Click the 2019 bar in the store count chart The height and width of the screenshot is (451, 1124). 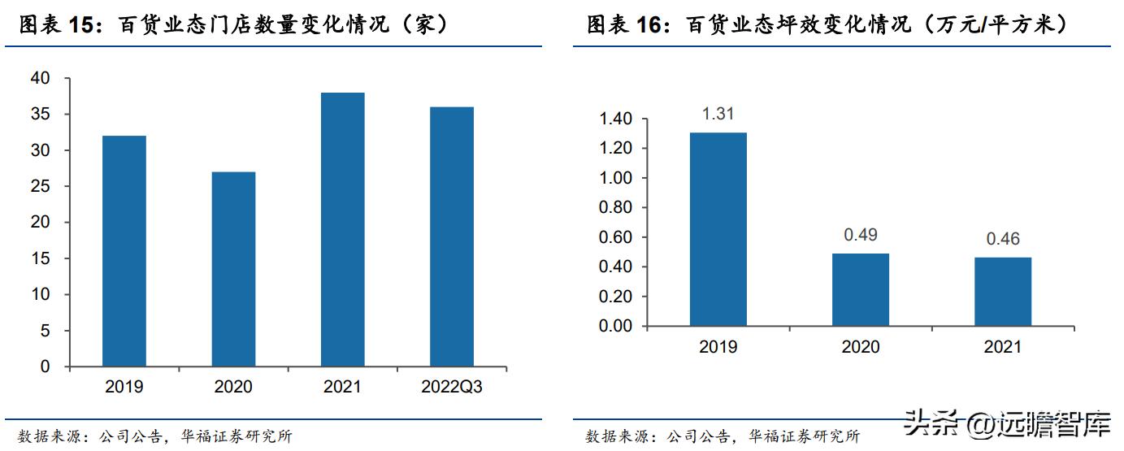click(x=124, y=251)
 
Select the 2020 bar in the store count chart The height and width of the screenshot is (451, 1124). click(x=233, y=269)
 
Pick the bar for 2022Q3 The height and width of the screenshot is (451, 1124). click(x=451, y=236)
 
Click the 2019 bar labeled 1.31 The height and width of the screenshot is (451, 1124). click(x=718, y=229)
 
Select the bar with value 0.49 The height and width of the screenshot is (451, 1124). click(x=860, y=289)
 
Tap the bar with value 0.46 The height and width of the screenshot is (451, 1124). click(x=1002, y=292)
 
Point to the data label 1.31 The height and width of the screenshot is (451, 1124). click(x=718, y=115)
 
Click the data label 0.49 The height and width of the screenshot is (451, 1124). click(x=860, y=236)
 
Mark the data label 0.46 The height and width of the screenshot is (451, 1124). click(x=1002, y=240)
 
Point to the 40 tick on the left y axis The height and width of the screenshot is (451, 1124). click(x=40, y=79)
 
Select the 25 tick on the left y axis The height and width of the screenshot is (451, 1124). click(x=40, y=187)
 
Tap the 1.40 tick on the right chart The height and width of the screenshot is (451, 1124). click(x=615, y=119)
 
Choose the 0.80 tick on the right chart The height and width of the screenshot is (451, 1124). click(x=615, y=208)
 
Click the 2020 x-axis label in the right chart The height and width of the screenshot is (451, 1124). click(x=860, y=347)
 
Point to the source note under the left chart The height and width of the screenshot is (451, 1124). click(x=154, y=436)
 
